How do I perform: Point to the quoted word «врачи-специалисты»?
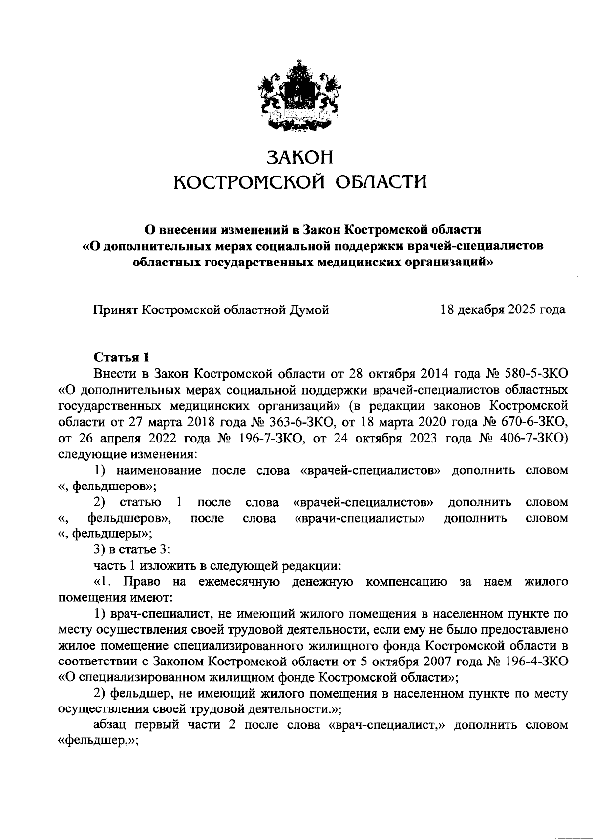point(359,518)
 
